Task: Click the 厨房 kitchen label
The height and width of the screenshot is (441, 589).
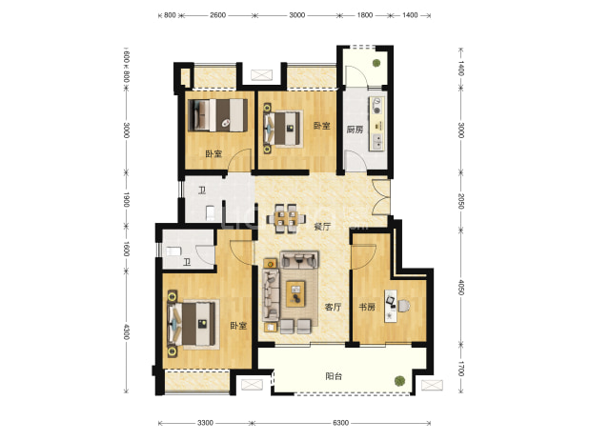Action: [x=355, y=130]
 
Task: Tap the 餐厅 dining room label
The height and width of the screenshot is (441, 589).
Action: [x=322, y=227]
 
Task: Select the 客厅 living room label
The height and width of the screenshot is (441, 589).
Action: [x=333, y=307]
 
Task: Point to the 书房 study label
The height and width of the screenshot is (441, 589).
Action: [x=367, y=307]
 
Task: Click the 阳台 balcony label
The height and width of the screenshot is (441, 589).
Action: [x=334, y=376]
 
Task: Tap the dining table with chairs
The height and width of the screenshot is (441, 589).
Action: [x=286, y=218]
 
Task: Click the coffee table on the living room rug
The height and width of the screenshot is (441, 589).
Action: [x=295, y=292]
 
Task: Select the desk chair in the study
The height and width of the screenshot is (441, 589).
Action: [x=404, y=306]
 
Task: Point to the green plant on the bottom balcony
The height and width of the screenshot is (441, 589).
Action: [x=399, y=381]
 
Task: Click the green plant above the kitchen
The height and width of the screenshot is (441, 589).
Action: [x=376, y=63]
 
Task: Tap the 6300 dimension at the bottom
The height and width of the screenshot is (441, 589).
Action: [x=340, y=423]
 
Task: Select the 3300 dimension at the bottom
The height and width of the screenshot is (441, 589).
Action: [x=205, y=423]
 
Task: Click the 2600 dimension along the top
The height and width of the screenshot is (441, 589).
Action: [x=218, y=15]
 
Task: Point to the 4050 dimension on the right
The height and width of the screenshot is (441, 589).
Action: [x=461, y=287]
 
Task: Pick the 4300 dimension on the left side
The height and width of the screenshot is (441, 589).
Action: [x=126, y=331]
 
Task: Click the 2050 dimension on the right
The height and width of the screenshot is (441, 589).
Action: [x=461, y=201]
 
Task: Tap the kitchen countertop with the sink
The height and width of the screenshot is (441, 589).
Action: [x=376, y=124]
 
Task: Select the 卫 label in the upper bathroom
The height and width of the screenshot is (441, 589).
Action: [x=202, y=190]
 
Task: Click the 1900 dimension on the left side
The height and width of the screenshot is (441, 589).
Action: [x=126, y=199]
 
